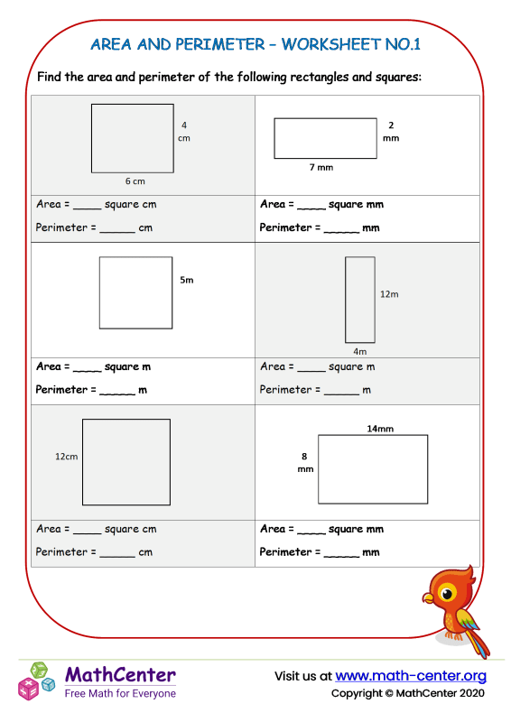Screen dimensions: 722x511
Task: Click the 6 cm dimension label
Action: click(135, 180)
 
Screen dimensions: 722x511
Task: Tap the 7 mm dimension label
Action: click(321, 168)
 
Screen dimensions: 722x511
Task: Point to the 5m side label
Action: click(187, 281)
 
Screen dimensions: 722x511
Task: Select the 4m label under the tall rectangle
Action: click(360, 351)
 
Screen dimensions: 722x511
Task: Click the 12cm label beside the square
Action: click(67, 457)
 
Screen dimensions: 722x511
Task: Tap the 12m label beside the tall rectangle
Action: click(389, 294)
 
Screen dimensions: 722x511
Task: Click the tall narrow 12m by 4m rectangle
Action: click(360, 300)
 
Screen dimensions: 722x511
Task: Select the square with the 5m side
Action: click(135, 292)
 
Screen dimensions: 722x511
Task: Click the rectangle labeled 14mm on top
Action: click(372, 469)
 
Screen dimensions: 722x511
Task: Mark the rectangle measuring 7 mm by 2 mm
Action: click(325, 138)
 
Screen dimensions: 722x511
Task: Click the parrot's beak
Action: click(427, 597)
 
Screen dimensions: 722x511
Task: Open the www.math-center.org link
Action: click(411, 676)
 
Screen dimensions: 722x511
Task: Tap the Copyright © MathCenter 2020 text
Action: click(408, 693)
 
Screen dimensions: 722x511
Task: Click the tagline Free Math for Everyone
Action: click(120, 693)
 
